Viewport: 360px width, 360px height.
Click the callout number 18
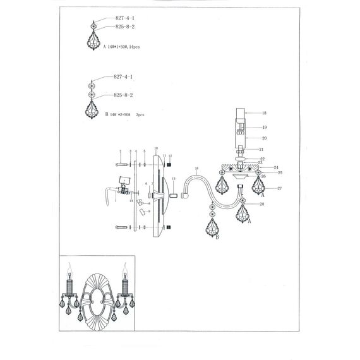point(264,112)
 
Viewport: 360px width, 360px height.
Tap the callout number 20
point(264,137)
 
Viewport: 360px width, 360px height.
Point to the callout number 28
point(261,204)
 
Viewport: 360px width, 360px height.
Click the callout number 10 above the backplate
point(155,148)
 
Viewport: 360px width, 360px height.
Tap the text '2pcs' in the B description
point(140,115)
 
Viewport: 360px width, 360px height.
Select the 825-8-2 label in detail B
point(123,95)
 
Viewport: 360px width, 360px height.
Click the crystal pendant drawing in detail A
point(94,40)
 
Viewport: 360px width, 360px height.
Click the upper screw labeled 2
point(122,165)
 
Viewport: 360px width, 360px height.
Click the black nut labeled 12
point(169,165)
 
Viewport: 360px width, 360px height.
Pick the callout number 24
point(277,167)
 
